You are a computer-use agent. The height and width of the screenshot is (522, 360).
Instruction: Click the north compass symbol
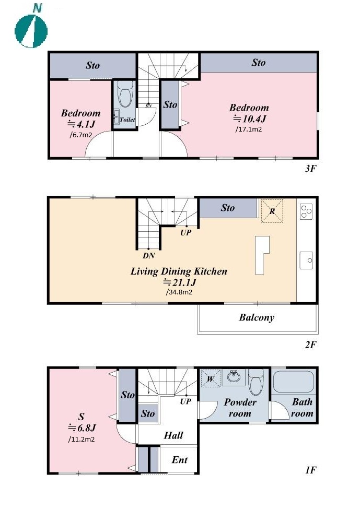[x=31, y=28]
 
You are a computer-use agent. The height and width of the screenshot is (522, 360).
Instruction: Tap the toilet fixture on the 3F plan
[x=125, y=94]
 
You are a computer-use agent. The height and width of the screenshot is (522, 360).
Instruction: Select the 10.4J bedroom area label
[x=250, y=118]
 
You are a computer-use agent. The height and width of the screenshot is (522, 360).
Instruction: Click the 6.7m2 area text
[x=81, y=135]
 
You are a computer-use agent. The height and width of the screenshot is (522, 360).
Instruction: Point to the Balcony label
[x=257, y=317]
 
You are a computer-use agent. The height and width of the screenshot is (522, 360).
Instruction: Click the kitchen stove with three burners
[x=306, y=211]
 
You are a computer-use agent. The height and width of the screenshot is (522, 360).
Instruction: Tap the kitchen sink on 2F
[x=306, y=260]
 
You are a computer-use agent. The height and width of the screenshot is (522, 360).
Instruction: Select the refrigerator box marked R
[x=272, y=211]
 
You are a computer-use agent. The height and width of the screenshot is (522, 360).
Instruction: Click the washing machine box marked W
[x=211, y=378]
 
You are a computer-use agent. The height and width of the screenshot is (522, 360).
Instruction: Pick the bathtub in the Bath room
[x=293, y=382]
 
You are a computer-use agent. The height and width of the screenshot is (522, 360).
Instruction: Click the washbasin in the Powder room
[x=234, y=377]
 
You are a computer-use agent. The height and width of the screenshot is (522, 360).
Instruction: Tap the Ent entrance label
[x=179, y=460]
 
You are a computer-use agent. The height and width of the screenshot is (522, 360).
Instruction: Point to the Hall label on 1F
[x=173, y=435]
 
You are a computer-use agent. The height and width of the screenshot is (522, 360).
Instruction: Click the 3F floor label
[x=310, y=168]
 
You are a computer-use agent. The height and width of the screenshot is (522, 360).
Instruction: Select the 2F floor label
[x=310, y=344]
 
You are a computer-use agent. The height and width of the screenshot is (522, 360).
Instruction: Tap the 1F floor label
[x=310, y=470]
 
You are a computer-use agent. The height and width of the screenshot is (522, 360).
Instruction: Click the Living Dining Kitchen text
[x=179, y=271]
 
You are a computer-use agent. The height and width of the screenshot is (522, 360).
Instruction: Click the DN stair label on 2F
[x=149, y=256]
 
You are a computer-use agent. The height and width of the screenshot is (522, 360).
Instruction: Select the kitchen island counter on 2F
[x=262, y=255]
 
